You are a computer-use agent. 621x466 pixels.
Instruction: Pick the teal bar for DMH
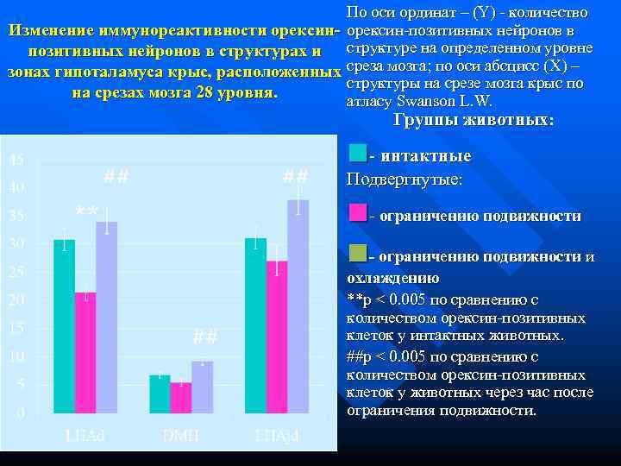click(x=160, y=394)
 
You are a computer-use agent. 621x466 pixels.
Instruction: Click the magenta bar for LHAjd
click(x=277, y=337)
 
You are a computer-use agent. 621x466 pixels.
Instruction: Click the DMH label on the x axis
click(x=181, y=435)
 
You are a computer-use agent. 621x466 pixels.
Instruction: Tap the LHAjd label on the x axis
click(x=276, y=435)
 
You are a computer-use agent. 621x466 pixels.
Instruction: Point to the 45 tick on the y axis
click(x=16, y=160)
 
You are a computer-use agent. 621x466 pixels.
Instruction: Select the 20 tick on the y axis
click(x=16, y=300)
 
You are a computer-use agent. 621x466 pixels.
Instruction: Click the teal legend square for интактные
click(x=359, y=154)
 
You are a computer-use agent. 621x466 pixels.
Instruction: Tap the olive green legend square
click(x=359, y=254)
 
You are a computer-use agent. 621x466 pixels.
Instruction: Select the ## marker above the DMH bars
click(x=205, y=337)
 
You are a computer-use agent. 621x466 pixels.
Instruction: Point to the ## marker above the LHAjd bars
click(x=296, y=176)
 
